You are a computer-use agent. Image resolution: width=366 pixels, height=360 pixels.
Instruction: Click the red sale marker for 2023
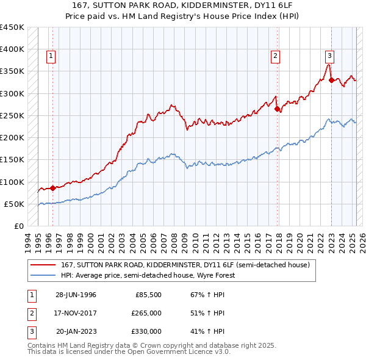pos(331,80)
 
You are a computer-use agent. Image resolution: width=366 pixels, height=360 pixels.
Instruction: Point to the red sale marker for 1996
pos(53,188)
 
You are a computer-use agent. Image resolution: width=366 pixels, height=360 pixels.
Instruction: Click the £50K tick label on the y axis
pos(15,204)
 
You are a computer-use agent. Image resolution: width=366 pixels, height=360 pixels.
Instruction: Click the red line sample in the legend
pos(43,265)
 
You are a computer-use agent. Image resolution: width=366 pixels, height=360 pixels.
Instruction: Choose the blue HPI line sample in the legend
pos(43,275)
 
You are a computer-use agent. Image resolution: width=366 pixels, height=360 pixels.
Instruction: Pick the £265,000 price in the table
pos(147,313)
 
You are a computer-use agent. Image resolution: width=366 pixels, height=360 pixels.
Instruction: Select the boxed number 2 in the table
pos(31,313)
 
